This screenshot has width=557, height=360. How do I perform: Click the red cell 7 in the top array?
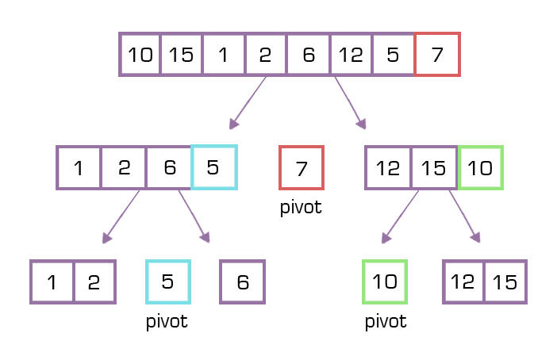pyautogui.click(x=437, y=55)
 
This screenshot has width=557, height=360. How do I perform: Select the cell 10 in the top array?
pyautogui.click(x=140, y=55)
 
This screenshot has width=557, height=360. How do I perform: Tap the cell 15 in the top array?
pyautogui.click(x=182, y=55)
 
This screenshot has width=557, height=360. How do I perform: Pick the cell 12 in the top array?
pyautogui.click(x=350, y=55)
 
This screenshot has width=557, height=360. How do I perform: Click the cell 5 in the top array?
pyautogui.click(x=393, y=55)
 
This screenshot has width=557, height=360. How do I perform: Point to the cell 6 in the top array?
pyautogui.click(x=308, y=55)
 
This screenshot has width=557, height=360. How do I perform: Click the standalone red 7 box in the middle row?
pyautogui.click(x=302, y=167)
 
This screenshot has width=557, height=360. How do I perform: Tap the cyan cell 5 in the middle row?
pyautogui.click(x=213, y=167)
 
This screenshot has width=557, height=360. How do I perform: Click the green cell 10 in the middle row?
pyautogui.click(x=480, y=167)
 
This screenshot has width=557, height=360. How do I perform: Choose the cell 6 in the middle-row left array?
pyautogui.click(x=169, y=167)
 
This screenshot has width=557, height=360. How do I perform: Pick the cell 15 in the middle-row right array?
pyautogui.click(x=434, y=167)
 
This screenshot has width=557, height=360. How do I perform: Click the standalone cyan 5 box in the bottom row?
pyautogui.click(x=168, y=281)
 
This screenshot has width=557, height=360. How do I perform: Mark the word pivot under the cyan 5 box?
pyautogui.click(x=167, y=322)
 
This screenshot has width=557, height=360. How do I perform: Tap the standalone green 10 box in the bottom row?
pyautogui.click(x=385, y=281)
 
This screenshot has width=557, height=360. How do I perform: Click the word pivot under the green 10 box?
pyautogui.click(x=385, y=322)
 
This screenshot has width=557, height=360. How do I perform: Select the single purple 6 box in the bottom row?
pyautogui.click(x=242, y=281)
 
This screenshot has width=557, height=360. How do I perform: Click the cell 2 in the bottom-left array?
pyautogui.click(x=94, y=281)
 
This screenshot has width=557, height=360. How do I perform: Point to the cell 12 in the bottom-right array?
pyautogui.click(x=463, y=281)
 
